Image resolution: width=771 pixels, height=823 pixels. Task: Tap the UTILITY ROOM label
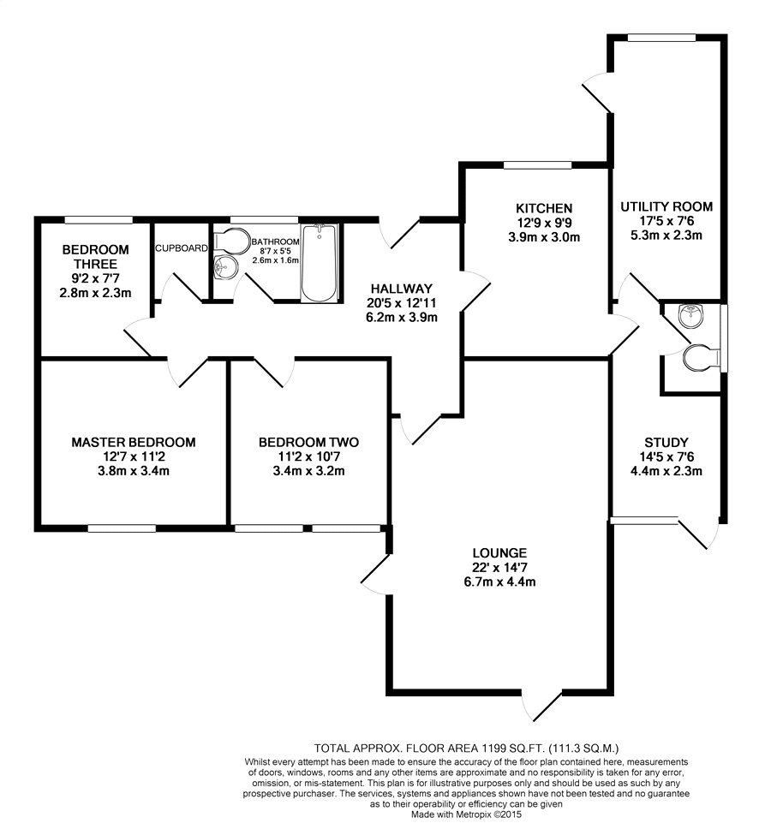(x=666, y=206)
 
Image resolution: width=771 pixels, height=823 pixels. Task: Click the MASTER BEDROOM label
(x=133, y=442)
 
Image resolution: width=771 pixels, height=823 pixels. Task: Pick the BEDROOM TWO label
(x=308, y=442)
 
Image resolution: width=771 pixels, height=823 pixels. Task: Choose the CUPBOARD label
(x=181, y=248)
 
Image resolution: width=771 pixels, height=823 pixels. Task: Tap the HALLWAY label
(x=401, y=288)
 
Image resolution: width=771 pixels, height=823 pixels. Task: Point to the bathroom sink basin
(x=224, y=267)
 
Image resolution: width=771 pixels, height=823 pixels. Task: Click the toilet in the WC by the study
(x=700, y=357)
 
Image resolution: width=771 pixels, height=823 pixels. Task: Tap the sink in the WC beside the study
(x=691, y=317)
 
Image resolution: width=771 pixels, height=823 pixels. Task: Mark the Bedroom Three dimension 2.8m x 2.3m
(x=95, y=293)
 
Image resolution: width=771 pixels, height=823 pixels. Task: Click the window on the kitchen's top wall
(x=537, y=164)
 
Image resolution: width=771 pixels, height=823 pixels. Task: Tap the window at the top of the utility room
(x=660, y=37)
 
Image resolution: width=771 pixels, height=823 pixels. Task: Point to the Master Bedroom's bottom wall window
(x=121, y=528)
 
